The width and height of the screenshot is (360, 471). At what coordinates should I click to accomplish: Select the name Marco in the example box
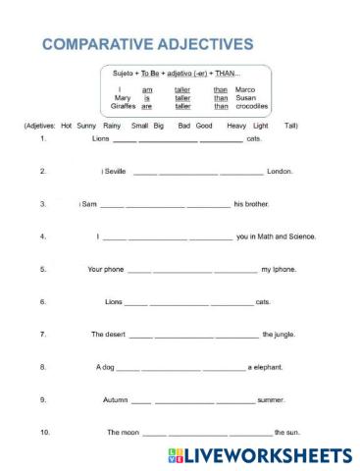pos(245,89)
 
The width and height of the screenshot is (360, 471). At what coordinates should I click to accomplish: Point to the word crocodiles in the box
pos(252,106)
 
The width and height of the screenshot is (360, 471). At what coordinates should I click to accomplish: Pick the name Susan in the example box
pos(245,98)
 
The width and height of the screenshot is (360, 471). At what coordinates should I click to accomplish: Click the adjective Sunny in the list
pos(87,127)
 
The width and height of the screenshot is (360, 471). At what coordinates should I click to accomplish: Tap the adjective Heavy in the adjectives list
pos(236,127)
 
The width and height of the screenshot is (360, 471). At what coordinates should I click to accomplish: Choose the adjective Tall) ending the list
pos(291,127)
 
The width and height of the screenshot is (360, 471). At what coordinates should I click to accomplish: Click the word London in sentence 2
pos(280,172)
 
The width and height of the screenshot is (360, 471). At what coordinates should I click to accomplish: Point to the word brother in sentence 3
pos(254,204)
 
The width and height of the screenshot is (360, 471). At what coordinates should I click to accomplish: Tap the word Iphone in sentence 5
pos(283,269)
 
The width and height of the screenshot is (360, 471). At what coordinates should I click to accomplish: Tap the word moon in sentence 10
pos(125,433)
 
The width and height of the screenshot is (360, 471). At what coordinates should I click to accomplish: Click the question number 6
pos(43,302)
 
